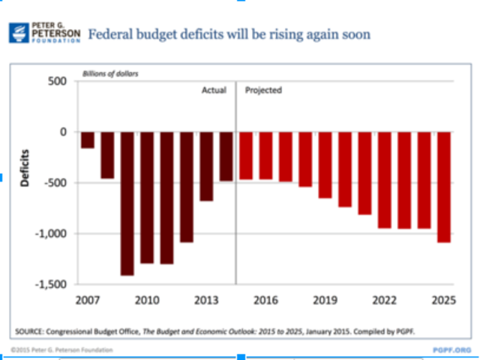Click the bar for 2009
coord(127,203)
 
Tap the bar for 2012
coord(186,187)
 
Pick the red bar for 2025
coord(444,187)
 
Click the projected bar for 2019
coord(325,165)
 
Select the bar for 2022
coord(385,180)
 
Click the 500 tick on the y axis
coord(57,81)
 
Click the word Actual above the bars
coord(214,90)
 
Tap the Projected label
coord(263,90)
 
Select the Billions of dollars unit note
coord(110,73)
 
